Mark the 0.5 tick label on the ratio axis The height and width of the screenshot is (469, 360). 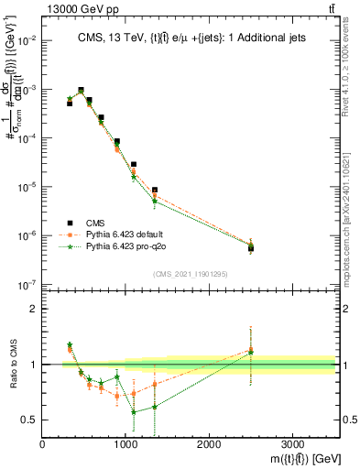tap(28, 420)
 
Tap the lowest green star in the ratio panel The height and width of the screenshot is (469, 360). tap(134, 412)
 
